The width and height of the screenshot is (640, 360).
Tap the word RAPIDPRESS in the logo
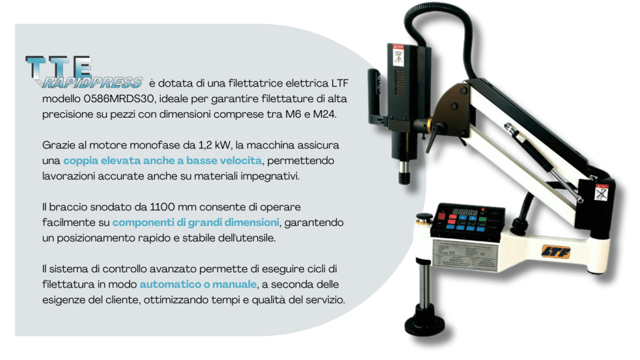click(x=93, y=83)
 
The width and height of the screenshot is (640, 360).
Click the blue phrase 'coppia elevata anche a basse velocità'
click(x=163, y=160)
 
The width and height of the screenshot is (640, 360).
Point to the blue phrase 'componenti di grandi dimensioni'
click(x=196, y=222)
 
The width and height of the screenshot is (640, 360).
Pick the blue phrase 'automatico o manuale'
click(x=198, y=284)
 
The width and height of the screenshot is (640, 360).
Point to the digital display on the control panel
click(x=465, y=212)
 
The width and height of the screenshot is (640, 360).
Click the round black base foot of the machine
click(x=425, y=322)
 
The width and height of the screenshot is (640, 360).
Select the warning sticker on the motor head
click(x=398, y=55)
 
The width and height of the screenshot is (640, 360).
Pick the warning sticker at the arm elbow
click(x=601, y=192)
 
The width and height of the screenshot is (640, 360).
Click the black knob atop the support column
click(x=425, y=217)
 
